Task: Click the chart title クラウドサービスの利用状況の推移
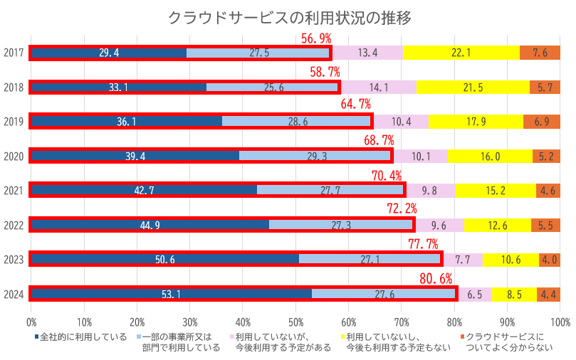pyautogui.click(x=289, y=17)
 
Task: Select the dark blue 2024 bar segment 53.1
pyautogui.click(x=171, y=294)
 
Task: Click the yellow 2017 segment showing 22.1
pyautogui.click(x=461, y=53)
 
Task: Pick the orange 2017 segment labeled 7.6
pyautogui.click(x=540, y=53)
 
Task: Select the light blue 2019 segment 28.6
pyautogui.click(x=298, y=122)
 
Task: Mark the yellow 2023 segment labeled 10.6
pyautogui.click(x=510, y=260)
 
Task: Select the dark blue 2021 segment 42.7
pyautogui.click(x=145, y=191)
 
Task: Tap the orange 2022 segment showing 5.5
pyautogui.click(x=545, y=225)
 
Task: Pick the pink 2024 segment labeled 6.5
pyautogui.click(x=475, y=294)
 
